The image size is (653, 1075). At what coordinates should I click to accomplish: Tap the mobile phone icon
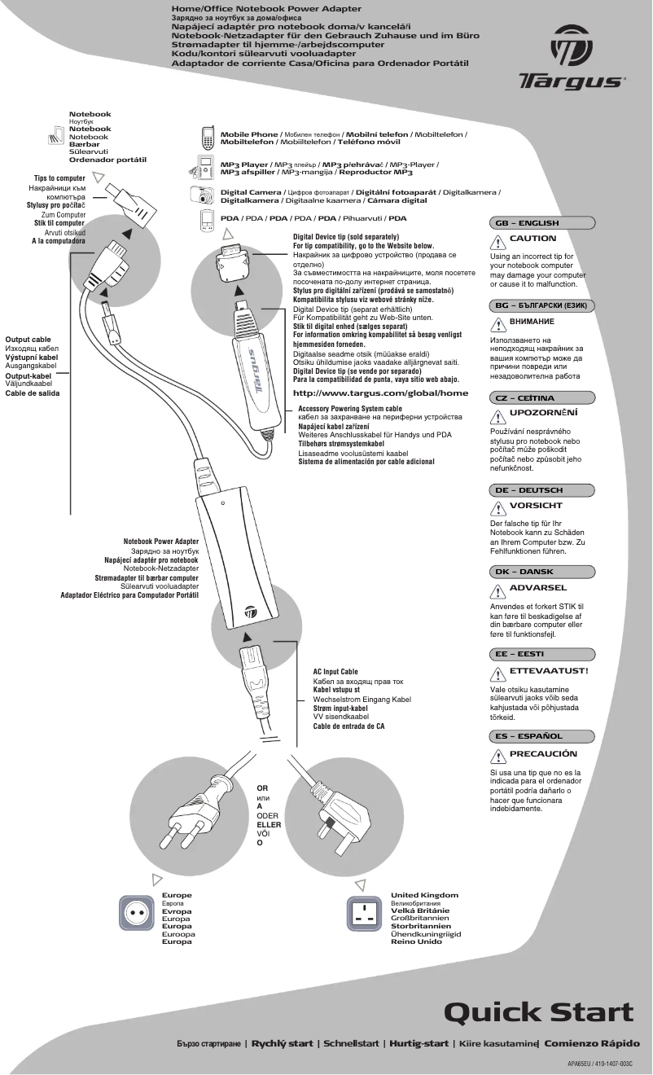click(208, 136)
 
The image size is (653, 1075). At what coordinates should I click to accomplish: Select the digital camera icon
click(208, 195)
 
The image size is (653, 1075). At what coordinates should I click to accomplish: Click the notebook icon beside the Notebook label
click(57, 134)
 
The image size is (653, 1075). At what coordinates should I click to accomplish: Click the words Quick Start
click(538, 1011)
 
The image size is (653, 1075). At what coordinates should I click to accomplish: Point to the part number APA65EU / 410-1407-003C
click(599, 1064)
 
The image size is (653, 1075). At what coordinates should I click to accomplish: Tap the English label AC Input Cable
click(335, 672)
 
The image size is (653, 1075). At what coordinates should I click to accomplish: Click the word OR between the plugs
click(262, 788)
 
